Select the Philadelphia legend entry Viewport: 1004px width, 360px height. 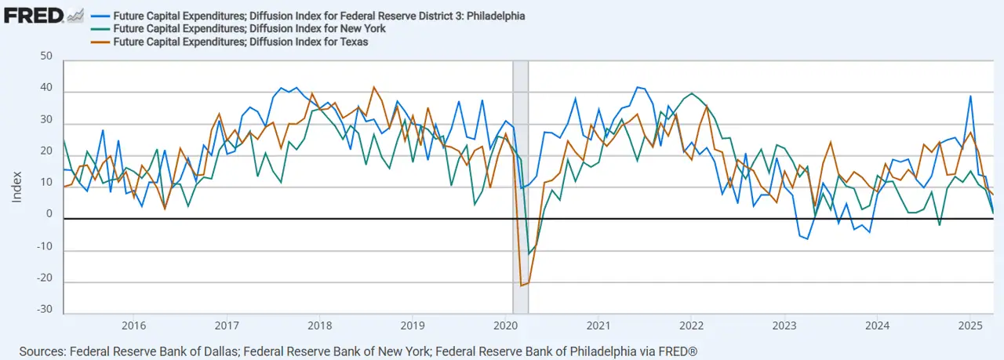click(x=318, y=16)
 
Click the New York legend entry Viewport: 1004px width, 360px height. click(x=249, y=29)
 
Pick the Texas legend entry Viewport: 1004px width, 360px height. click(x=240, y=42)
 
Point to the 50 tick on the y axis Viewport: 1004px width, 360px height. click(x=45, y=56)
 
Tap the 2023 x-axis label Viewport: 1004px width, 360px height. click(x=784, y=325)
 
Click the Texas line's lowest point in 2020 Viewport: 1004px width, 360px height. click(x=522, y=285)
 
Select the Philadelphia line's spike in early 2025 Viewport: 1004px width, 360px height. click(x=971, y=96)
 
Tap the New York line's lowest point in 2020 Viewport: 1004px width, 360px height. click(x=529, y=253)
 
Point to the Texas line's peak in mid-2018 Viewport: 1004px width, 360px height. click(x=374, y=87)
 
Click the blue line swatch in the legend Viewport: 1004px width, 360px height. click(x=100, y=16)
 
